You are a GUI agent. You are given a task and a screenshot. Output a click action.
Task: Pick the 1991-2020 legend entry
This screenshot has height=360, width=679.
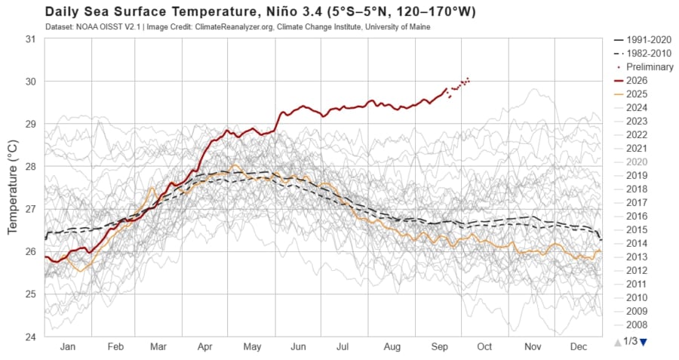[x=643, y=40]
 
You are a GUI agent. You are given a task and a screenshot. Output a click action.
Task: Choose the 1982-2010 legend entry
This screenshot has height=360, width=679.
[x=643, y=54]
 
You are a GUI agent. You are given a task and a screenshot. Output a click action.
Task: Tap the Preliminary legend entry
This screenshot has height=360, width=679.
[x=644, y=67]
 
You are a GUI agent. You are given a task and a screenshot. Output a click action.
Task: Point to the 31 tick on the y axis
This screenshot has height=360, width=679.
[x=30, y=39]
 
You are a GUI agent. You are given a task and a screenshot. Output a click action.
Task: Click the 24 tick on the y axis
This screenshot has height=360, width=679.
[x=30, y=337]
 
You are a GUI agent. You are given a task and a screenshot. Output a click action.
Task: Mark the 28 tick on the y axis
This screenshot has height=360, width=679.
[x=30, y=166]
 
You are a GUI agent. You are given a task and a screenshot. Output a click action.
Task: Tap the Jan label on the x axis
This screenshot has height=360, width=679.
[x=68, y=346]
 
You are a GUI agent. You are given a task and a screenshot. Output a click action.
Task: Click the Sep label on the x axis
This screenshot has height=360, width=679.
[x=439, y=346]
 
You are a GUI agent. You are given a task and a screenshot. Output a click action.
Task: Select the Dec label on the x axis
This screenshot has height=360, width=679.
[x=579, y=346]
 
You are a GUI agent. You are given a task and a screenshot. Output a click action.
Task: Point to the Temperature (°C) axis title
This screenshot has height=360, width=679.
[x=13, y=187]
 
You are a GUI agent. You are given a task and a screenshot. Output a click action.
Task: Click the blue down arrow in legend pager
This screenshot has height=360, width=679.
[x=643, y=342]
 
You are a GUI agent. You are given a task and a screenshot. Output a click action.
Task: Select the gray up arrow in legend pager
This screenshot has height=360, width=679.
[x=618, y=342]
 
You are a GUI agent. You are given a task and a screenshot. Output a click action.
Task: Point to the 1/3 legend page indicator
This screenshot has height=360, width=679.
[x=631, y=341]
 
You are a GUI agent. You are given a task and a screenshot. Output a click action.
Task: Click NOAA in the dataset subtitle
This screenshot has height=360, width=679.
[x=84, y=27]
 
